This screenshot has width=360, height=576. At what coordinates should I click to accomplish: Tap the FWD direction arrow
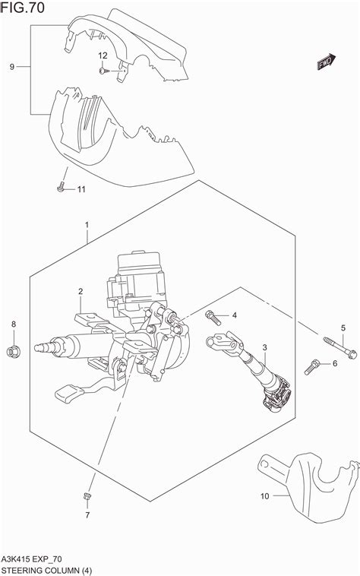[x=327, y=65]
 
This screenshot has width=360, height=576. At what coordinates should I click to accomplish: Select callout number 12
[x=103, y=55]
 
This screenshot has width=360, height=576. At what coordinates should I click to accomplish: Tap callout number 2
[x=80, y=291]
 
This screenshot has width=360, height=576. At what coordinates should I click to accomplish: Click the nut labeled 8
[x=14, y=350]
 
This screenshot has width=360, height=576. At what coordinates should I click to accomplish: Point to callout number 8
[x=14, y=325]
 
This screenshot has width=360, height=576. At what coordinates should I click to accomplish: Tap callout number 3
[x=265, y=348]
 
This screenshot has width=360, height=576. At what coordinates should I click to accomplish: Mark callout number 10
[x=264, y=497]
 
